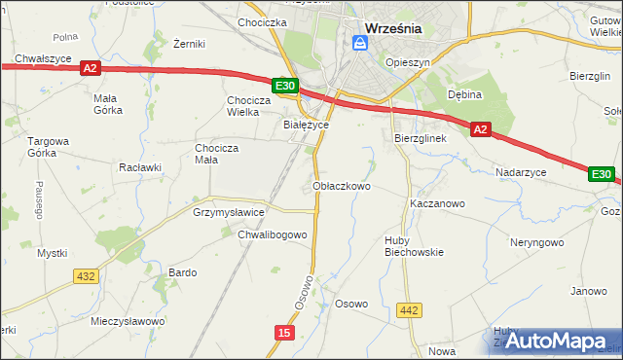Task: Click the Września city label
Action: pyautogui.click(x=392, y=28)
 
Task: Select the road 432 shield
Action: pyautogui.click(x=85, y=276)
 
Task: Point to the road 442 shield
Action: pyautogui.click(x=410, y=310)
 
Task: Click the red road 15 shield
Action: pyautogui.click(x=283, y=333)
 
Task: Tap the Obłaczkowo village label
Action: pyautogui.click(x=342, y=185)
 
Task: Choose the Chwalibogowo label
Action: pyautogui.click(x=273, y=234)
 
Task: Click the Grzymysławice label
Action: pyautogui.click(x=229, y=211)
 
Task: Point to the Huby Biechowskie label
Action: pyautogui.click(x=414, y=245)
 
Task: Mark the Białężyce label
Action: pyautogui.click(x=306, y=126)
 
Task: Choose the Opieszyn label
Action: pyautogui.click(x=407, y=61)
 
